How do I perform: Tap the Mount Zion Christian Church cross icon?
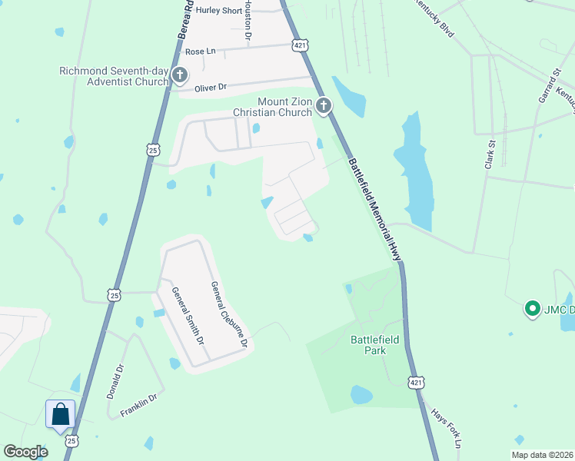[324, 105]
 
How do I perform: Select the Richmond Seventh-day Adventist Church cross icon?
[180, 75]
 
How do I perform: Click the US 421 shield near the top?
[301, 46]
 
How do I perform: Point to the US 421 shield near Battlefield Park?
[416, 382]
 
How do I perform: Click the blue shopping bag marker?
[61, 416]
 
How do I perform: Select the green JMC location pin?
[531, 310]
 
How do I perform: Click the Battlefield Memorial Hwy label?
[376, 208]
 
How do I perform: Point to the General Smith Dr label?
[188, 316]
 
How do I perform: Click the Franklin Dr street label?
[138, 406]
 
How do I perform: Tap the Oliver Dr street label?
[211, 88]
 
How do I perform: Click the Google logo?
[26, 452]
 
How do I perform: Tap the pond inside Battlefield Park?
[361, 395]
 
